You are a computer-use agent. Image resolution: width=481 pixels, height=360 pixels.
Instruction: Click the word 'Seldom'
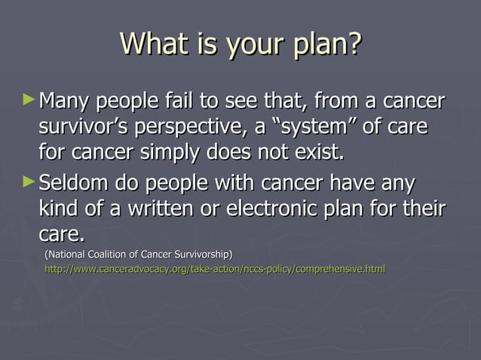76,183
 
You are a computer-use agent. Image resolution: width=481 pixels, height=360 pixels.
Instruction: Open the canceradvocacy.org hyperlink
215,269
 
